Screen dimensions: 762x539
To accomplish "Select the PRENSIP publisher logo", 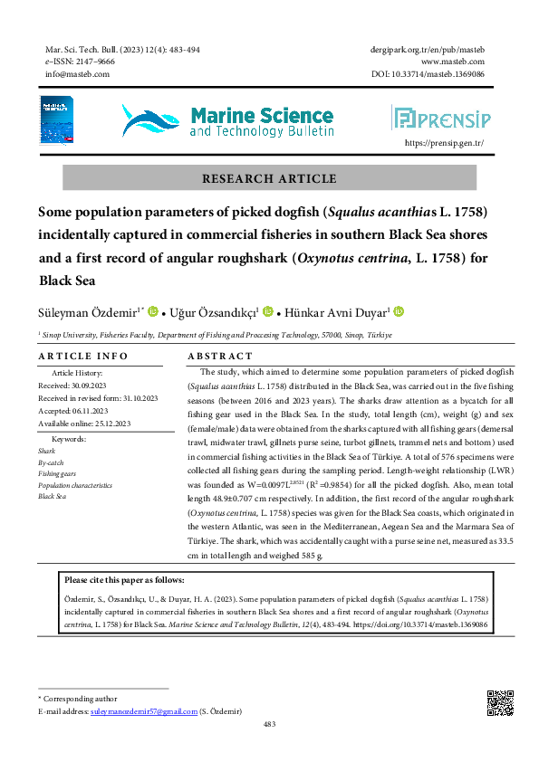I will coord(440,118).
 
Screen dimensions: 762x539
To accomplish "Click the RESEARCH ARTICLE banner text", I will coord(269,179).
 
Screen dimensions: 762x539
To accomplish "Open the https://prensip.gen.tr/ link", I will coord(444,143).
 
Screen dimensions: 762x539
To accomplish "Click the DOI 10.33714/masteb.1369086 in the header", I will coord(427,74).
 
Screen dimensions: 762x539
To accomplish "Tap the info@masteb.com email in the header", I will coord(77,74).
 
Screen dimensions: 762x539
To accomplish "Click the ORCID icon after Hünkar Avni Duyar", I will coord(399,312).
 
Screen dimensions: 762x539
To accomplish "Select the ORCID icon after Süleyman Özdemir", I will coord(152,312).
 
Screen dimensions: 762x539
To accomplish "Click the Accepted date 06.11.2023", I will coord(83,410).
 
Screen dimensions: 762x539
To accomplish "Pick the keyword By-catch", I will coord(51,462).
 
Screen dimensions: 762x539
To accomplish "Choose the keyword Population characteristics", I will coord(75,485).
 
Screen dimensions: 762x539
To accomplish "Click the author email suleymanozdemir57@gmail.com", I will coord(143,712).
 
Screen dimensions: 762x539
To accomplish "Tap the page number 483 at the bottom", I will coord(269,724).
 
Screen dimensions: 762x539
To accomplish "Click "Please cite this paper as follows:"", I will coord(124,580).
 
